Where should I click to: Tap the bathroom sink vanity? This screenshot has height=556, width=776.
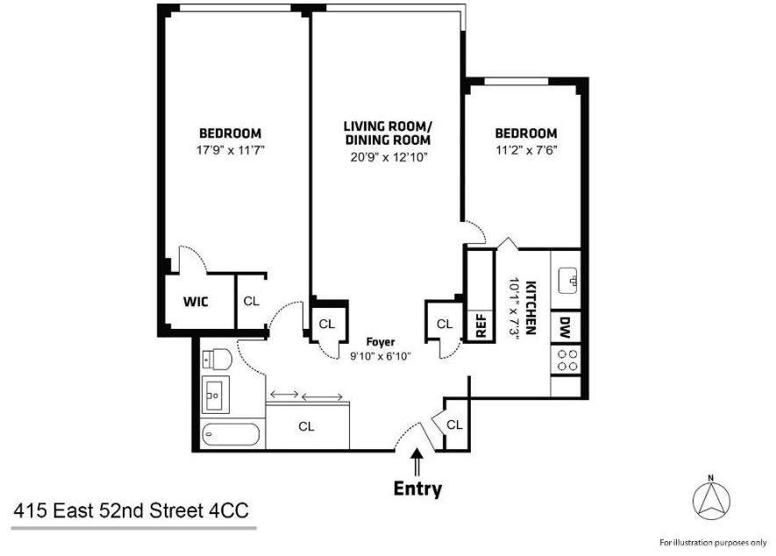coord(215,395)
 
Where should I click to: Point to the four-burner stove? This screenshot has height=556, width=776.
coord(566,359)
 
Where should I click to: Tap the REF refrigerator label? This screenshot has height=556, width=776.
coord(480,324)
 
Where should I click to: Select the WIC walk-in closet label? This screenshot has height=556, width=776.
coord(195,302)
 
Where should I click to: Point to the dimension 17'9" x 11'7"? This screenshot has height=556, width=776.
coord(231,149)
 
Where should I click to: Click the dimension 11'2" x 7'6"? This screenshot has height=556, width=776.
coord(525,149)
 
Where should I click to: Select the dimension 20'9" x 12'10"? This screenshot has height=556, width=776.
coord(387,157)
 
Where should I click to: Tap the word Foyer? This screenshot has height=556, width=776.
coord(381,342)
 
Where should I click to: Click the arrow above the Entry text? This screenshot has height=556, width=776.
coord(417,461)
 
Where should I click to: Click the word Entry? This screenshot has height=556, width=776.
coord(417,488)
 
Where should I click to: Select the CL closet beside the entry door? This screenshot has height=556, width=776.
coord(454,424)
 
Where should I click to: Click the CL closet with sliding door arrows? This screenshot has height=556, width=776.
coord(306,426)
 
